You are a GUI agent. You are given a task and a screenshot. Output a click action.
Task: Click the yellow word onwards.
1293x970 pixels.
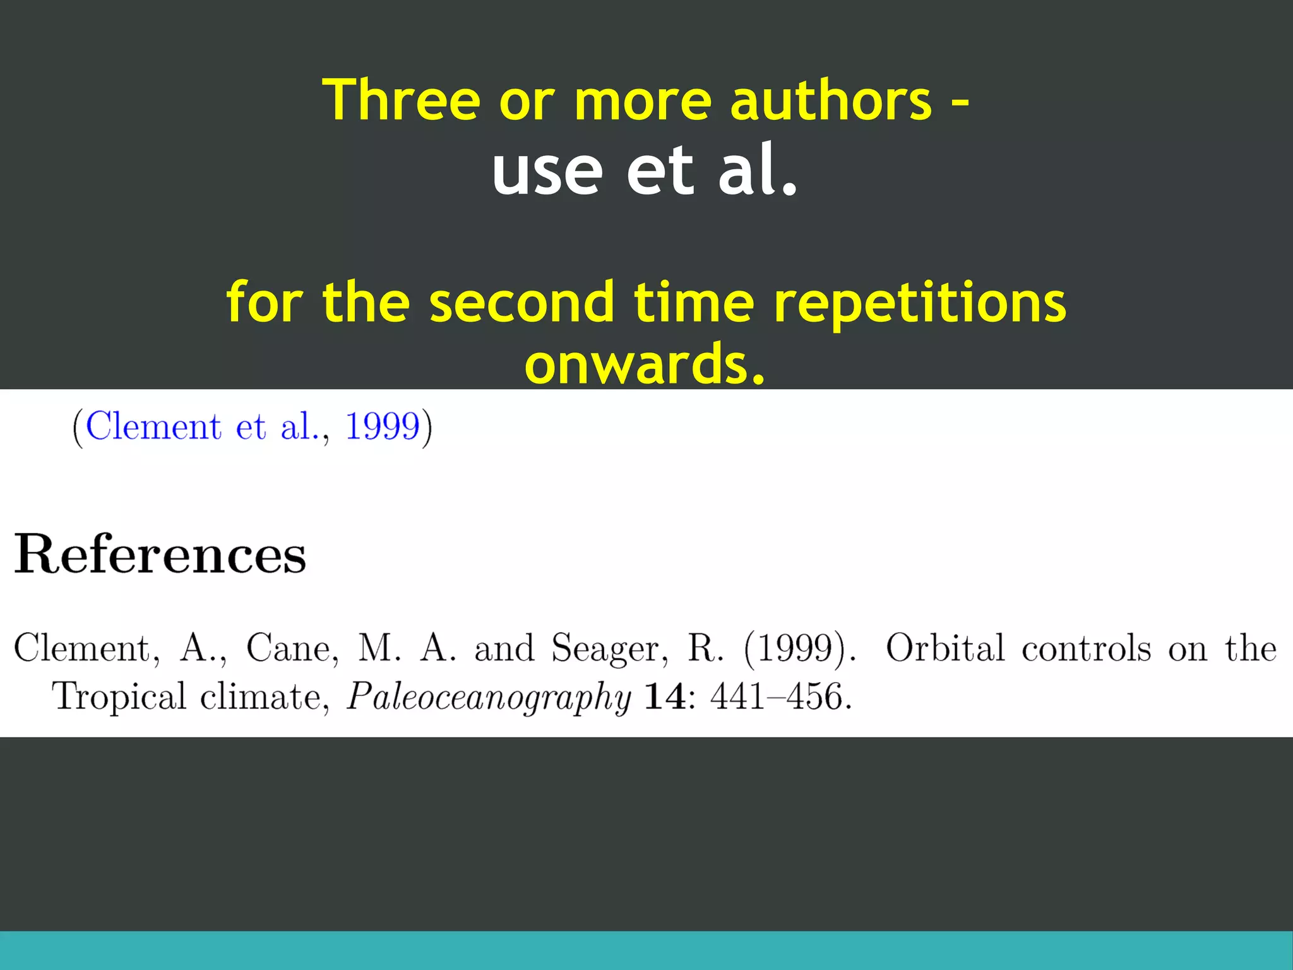coord(645,364)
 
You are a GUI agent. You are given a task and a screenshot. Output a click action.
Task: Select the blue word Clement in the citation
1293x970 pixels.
coord(153,426)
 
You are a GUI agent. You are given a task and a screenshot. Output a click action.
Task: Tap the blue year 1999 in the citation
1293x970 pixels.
coord(383,426)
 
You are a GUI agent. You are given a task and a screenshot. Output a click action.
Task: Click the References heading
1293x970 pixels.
coord(160,554)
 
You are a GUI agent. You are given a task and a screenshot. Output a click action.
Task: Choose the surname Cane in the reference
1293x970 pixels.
coord(289,649)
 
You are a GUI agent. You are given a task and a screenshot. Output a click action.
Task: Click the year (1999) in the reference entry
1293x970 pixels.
coord(797,649)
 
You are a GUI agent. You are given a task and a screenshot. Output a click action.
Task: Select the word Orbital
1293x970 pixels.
coord(945,649)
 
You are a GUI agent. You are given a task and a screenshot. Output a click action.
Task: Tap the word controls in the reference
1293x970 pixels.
coord(1087,649)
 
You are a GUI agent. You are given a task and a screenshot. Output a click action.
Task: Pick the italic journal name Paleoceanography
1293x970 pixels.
coord(489,698)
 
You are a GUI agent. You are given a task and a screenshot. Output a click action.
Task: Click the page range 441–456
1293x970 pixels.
coord(780,697)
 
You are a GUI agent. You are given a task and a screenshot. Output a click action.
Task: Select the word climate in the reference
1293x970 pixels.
coord(260,697)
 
